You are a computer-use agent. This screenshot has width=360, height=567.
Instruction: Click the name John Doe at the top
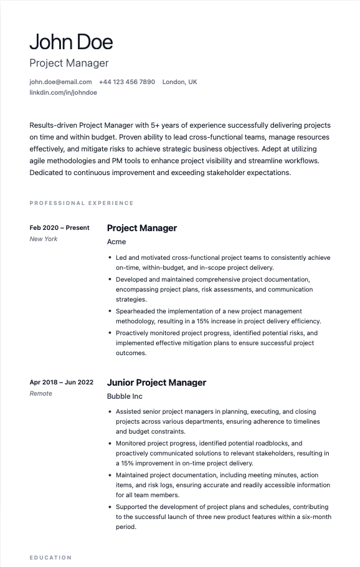[x=71, y=42]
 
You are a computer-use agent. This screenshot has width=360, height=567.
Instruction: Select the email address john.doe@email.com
[x=60, y=82]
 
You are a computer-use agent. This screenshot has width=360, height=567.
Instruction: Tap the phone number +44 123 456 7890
[x=127, y=82]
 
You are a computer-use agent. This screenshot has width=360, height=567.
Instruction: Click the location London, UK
[x=179, y=82]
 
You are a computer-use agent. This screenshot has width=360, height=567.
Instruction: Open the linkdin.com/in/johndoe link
[x=63, y=92]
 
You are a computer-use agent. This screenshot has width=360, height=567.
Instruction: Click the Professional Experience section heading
[x=82, y=203]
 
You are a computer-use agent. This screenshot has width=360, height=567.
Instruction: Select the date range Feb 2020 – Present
[x=60, y=227]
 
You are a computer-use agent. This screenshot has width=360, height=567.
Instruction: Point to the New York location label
[x=44, y=239]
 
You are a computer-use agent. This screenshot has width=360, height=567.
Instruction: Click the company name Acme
[x=116, y=242]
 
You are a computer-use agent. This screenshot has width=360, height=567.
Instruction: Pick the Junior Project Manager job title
[x=156, y=383]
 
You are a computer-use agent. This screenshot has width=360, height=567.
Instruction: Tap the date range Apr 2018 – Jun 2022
[x=62, y=382]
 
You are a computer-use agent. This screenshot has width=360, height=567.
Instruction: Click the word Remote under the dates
[x=41, y=393]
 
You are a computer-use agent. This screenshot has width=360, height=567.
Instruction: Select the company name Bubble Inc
[x=125, y=396]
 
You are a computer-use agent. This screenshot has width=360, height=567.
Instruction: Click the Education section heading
[x=50, y=558]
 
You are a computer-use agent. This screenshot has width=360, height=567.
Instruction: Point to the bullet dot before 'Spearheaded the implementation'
[x=110, y=311]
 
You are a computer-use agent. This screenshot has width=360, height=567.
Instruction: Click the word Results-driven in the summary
[x=55, y=125]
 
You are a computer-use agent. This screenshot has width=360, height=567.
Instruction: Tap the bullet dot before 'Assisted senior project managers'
[x=110, y=412]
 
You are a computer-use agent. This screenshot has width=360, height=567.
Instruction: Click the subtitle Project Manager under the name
[x=69, y=63]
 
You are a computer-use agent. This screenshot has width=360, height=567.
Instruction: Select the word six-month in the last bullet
[x=314, y=517]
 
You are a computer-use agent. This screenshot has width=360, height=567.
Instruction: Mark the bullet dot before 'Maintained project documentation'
[x=110, y=475]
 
